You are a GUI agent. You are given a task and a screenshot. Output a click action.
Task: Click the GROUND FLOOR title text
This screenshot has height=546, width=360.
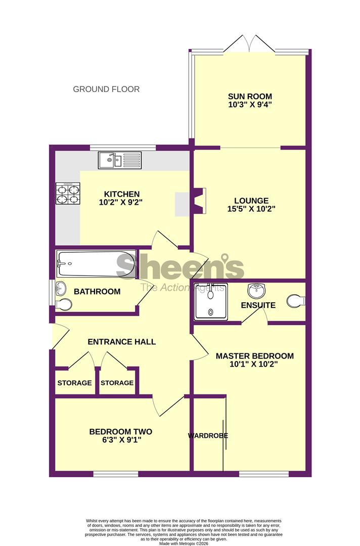[x=106, y=89]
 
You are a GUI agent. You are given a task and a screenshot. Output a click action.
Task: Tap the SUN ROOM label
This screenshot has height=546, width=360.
[x=250, y=97]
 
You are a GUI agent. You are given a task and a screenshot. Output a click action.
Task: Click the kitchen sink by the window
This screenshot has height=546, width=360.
[x=121, y=160]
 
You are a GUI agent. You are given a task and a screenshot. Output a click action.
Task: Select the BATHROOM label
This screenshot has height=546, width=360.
[x=97, y=292]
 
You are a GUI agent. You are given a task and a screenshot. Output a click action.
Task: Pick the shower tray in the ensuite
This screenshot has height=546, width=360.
[x=211, y=302]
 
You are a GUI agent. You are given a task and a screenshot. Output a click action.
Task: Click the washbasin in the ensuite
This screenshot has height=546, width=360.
[x=257, y=291]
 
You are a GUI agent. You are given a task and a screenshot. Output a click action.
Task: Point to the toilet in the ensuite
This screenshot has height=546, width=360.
[x=296, y=301]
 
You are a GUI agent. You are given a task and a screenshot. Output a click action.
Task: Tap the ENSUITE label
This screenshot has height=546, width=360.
[x=258, y=305]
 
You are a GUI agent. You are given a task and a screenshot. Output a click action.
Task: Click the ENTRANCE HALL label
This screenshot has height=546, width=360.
[x=121, y=342]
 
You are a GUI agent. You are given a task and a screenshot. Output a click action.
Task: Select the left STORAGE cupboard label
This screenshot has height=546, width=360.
[x=74, y=383]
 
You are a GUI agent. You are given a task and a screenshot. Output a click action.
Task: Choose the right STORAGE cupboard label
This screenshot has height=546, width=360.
[x=117, y=383]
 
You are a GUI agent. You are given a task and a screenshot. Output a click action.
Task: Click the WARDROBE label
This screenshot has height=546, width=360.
[x=208, y=435]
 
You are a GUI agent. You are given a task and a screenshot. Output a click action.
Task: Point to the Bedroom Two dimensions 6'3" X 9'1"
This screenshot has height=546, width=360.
[x=120, y=440]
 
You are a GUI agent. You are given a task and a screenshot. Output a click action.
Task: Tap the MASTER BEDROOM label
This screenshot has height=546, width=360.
[x=254, y=356]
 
